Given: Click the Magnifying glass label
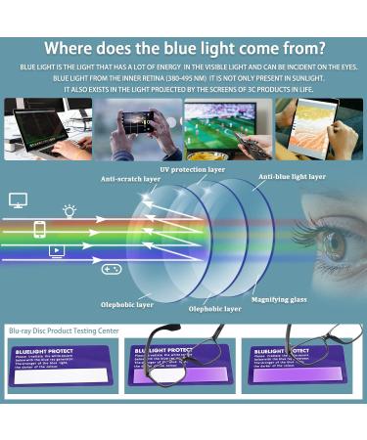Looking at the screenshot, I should [278, 299].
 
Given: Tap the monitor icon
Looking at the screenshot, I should [18, 199].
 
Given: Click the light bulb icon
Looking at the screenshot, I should [69, 210].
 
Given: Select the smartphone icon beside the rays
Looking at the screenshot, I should [39, 230].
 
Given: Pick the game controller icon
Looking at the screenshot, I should [112, 269].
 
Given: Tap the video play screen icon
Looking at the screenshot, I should [57, 251].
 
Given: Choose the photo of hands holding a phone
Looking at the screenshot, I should [137, 128].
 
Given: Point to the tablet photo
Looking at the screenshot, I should [317, 128].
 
